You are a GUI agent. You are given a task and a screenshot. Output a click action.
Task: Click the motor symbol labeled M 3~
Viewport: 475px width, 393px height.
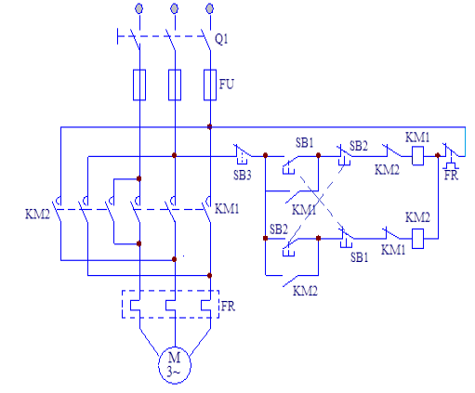point(175,365)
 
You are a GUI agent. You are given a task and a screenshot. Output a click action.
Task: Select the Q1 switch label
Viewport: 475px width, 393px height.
point(221,39)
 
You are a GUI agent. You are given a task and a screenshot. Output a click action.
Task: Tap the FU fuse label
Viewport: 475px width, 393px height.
point(226,84)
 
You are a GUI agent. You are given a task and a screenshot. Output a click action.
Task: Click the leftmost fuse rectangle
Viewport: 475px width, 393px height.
point(139,85)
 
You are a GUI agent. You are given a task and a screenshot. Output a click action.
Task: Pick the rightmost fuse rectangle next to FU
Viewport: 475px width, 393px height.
point(210,85)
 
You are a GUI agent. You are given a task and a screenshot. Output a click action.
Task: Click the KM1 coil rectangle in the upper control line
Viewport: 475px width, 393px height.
point(417,156)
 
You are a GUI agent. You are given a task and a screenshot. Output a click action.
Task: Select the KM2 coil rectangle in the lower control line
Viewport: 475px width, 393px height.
point(417,239)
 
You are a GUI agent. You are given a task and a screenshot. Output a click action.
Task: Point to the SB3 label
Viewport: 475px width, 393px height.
point(243,176)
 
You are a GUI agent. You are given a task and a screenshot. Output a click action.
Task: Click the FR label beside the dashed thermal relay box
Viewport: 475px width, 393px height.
point(228,307)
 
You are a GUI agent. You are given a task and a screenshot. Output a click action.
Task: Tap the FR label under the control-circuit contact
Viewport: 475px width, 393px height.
point(451,176)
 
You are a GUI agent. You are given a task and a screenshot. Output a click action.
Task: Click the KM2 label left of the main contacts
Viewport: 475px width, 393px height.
point(37,214)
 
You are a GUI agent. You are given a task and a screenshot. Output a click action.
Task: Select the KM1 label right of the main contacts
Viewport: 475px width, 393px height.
point(227,209)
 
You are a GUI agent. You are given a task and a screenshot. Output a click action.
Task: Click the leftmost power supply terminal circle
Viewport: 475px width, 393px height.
point(139,8)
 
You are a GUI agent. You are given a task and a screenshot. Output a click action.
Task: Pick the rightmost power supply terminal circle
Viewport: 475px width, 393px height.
point(210,8)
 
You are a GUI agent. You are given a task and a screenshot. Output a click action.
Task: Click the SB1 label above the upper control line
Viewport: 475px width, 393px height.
point(305,143)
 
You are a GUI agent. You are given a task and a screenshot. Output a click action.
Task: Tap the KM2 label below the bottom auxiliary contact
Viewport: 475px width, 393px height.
point(305,291)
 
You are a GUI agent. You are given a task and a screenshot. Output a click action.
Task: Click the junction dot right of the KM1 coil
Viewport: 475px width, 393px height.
point(438,155)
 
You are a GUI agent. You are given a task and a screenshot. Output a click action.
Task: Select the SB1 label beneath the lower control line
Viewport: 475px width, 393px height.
point(360,257)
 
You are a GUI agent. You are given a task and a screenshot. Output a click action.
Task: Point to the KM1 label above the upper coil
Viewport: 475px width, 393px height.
point(417,138)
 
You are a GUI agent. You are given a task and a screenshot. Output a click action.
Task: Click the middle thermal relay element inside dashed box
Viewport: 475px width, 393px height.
point(170,305)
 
